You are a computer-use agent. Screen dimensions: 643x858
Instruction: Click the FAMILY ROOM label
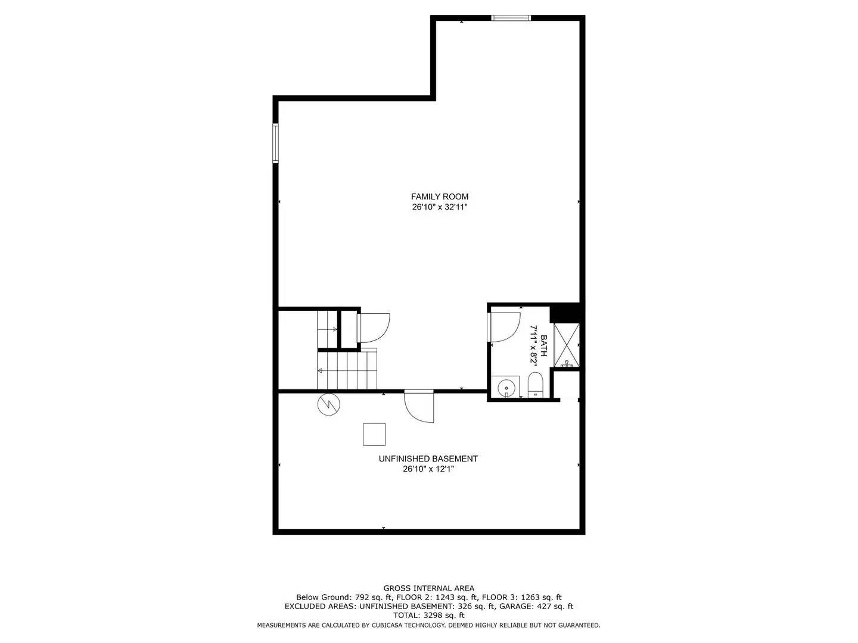tap(439, 196)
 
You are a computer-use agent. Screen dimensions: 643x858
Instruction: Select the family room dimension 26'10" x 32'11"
tap(439, 207)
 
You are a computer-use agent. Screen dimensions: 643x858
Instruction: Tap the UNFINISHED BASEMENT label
tap(428, 458)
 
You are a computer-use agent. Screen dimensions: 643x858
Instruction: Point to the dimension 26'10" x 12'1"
tap(428, 469)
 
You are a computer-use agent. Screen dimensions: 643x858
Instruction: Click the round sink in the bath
tap(506, 387)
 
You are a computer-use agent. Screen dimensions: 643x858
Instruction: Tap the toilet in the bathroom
tap(535, 385)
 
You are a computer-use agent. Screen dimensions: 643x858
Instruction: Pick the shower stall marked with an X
tap(566, 345)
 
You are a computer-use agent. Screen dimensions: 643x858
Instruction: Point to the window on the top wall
tap(511, 18)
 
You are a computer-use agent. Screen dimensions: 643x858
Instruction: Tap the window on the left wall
tap(275, 143)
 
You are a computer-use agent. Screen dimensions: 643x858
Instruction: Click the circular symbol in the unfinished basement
tap(328, 405)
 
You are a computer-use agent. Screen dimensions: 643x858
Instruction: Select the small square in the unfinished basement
tap(374, 434)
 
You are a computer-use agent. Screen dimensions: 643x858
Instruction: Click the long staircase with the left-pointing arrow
tap(348, 370)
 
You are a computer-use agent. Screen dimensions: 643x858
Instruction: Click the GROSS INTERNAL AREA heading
tap(428, 588)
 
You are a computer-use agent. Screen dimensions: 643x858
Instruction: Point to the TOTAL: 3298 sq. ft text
tap(428, 615)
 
